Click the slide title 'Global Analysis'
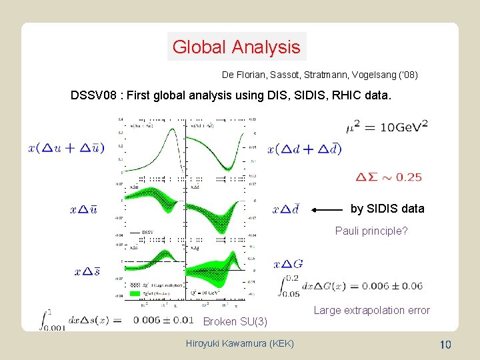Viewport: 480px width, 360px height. point(236,47)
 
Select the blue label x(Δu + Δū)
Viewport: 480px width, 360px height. point(66,147)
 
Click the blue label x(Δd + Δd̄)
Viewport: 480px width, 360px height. point(304,149)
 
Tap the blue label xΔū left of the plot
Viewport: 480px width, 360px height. point(83,209)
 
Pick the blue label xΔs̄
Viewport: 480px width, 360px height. point(87,271)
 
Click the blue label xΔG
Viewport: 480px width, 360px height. point(288,264)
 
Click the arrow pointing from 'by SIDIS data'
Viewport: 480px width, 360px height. point(327,210)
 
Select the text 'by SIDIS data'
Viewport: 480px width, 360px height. point(387,209)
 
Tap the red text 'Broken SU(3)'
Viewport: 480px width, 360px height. point(235,322)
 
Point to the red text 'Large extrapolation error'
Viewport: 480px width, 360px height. point(371,310)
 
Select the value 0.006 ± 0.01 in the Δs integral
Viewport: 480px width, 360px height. point(163,319)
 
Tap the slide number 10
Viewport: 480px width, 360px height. point(446,344)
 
